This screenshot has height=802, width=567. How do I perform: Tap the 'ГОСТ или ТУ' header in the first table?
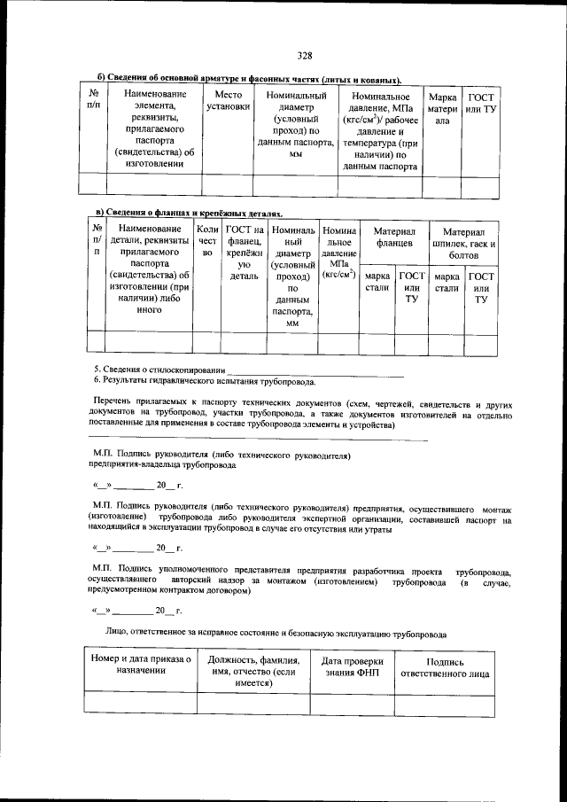[x=481, y=102]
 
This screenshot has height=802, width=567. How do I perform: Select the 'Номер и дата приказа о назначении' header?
[x=141, y=666]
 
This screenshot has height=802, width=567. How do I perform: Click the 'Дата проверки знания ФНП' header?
[x=352, y=666]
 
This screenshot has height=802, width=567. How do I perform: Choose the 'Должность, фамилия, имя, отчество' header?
[x=252, y=671]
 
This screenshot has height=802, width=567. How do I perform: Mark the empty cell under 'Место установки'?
[x=228, y=183]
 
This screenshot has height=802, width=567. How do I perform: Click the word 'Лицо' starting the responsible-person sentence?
[x=118, y=635]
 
